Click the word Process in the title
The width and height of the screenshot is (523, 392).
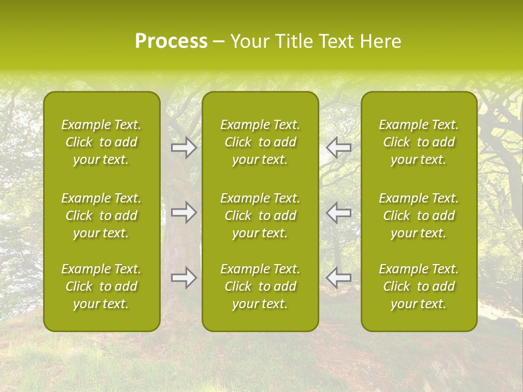point(171,41)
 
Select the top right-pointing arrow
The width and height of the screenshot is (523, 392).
point(184,147)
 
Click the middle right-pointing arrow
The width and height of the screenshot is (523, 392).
point(184,212)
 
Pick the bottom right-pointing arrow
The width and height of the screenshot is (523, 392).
point(184,278)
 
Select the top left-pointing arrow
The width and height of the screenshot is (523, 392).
point(339,147)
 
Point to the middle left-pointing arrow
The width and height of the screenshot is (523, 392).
point(339,212)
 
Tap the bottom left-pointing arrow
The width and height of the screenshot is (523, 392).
point(339,278)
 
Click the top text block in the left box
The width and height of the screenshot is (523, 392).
point(101,142)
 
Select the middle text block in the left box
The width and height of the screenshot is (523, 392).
point(101,216)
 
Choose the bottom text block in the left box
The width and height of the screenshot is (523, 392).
point(101,286)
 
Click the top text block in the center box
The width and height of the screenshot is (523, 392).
point(260,142)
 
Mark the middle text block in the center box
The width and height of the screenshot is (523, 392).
point(260,216)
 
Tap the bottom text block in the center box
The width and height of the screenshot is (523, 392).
point(260,286)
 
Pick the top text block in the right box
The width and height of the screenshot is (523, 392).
point(419,142)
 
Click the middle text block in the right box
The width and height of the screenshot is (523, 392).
point(419,216)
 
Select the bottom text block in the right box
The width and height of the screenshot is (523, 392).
point(419,286)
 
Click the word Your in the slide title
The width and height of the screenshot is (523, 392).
point(250,41)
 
